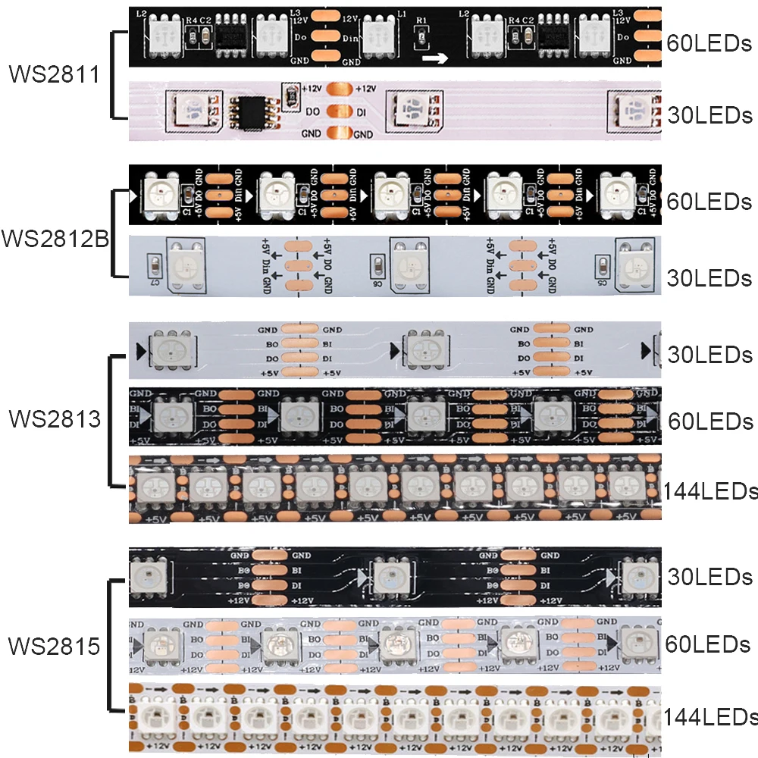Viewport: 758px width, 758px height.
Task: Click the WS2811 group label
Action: [x=55, y=75]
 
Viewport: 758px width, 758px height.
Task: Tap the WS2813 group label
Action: [x=55, y=418]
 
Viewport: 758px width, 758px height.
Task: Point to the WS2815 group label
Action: [x=55, y=647]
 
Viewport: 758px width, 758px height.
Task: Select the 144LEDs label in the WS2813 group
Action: [x=709, y=491]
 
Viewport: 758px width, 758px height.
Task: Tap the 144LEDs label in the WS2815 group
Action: [x=709, y=716]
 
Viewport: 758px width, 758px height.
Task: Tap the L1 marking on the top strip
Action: [x=401, y=15]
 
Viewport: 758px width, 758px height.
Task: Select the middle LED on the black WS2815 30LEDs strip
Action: [x=389, y=577]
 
